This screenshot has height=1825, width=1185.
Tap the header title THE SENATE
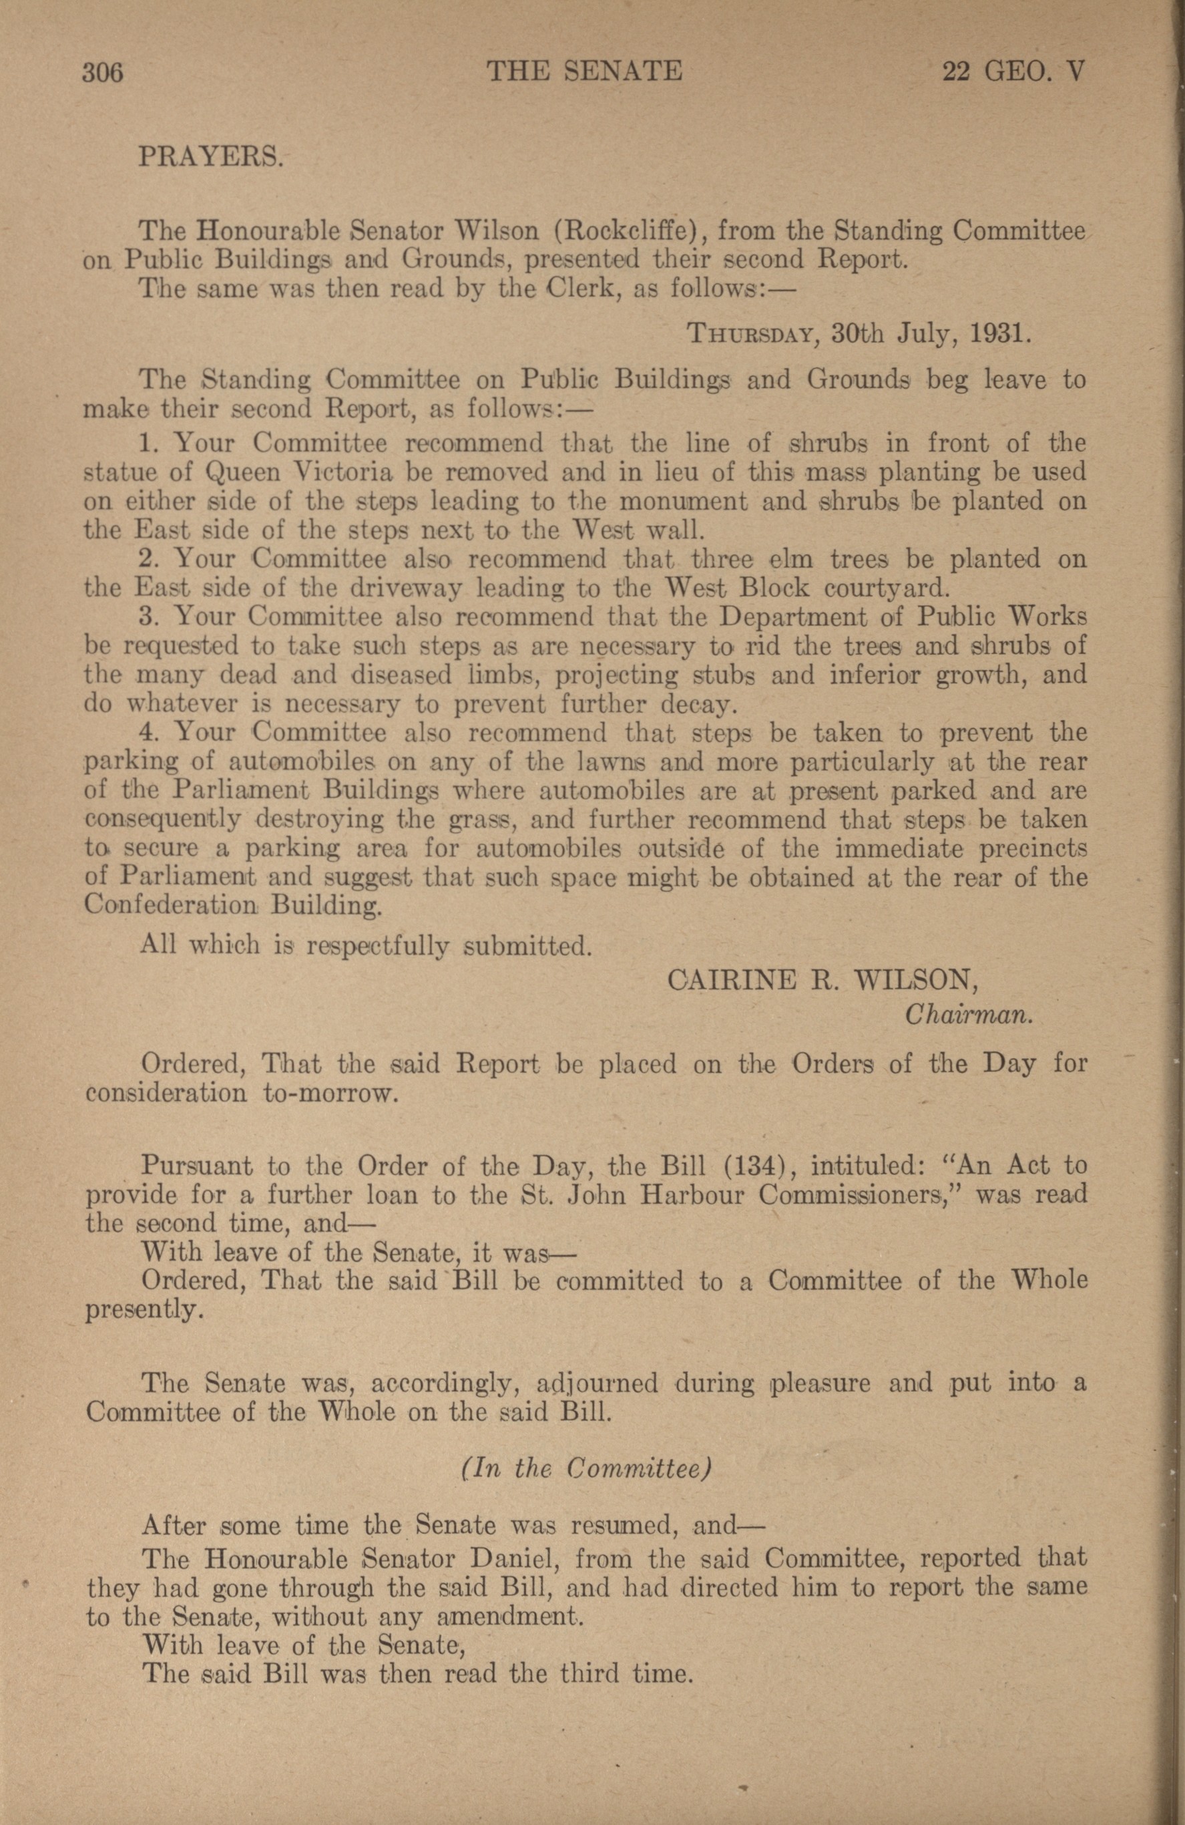point(584,72)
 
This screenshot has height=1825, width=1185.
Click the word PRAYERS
point(212,158)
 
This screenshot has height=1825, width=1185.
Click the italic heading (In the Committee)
point(587,1468)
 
